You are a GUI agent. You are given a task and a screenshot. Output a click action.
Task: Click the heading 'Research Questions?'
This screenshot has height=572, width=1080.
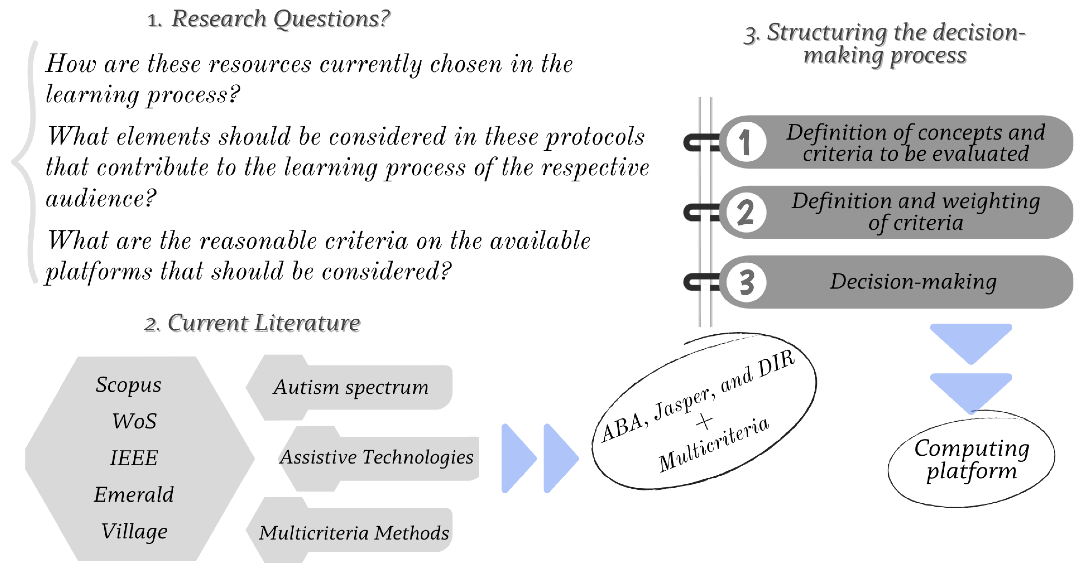[x=280, y=19]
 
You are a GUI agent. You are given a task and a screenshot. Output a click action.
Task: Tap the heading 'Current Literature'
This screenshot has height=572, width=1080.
[x=263, y=323]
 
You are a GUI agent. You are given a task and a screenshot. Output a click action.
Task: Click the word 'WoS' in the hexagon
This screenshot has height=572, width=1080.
[x=134, y=421]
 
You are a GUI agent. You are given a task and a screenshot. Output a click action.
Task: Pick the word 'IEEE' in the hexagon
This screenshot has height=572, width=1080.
[x=134, y=458]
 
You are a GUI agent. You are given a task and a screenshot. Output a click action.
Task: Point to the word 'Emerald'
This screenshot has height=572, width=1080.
[x=134, y=495]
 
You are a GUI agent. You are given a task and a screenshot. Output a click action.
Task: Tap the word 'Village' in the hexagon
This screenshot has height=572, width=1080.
[x=134, y=531]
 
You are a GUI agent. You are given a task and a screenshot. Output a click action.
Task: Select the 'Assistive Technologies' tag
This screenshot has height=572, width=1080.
[x=377, y=457]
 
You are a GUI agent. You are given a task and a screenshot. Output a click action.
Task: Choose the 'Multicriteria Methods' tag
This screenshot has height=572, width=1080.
[x=353, y=533]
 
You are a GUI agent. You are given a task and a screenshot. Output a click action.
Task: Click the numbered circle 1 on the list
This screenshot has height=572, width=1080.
[x=746, y=142]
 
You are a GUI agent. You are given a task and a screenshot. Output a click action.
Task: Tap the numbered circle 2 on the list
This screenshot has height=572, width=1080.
[x=746, y=212]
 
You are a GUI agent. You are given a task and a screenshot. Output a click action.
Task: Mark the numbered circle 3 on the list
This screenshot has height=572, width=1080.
[x=746, y=283]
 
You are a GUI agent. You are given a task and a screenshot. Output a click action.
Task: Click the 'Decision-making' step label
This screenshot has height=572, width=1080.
[x=913, y=282]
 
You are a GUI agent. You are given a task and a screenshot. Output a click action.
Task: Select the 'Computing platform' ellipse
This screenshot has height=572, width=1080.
[x=971, y=460]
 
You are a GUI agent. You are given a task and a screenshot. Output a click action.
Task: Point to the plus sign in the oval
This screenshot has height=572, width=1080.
[x=704, y=421]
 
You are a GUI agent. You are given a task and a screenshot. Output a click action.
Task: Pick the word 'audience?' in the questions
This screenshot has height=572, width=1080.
[x=101, y=198]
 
